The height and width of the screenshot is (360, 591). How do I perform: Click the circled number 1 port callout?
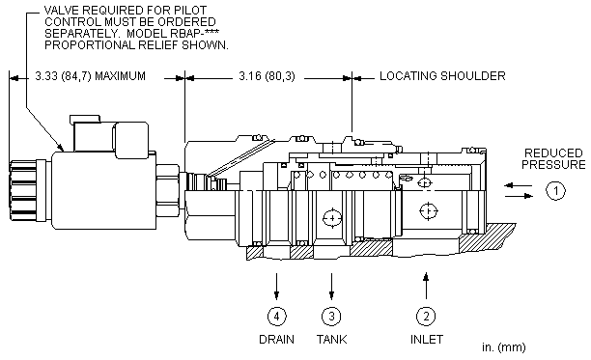click(x=555, y=190)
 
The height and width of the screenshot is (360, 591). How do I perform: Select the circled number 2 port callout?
click(x=426, y=316)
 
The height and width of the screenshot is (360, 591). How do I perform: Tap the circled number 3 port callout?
click(x=331, y=316)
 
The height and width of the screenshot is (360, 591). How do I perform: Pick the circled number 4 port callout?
click(x=276, y=316)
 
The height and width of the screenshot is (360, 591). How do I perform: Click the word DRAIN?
click(x=276, y=340)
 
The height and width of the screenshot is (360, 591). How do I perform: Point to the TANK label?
click(x=331, y=340)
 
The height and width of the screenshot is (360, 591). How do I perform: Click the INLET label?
click(x=426, y=340)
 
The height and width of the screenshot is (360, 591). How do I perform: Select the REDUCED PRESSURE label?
click(x=553, y=159)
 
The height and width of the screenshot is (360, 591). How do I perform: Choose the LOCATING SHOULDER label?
click(x=442, y=76)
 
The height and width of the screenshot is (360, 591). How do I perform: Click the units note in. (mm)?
click(x=503, y=347)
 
